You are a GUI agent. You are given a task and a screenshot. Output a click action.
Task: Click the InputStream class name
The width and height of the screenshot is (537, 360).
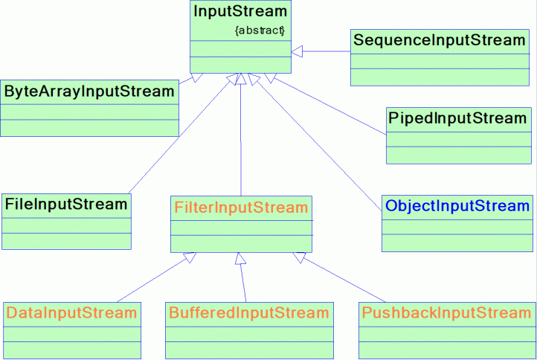(239, 12)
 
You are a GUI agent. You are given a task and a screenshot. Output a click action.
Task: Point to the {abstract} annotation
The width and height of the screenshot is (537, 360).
(260, 31)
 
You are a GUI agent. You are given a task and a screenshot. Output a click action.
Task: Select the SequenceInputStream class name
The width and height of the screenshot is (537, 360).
(439, 40)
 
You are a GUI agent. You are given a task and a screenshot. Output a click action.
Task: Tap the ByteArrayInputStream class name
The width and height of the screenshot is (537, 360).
(89, 91)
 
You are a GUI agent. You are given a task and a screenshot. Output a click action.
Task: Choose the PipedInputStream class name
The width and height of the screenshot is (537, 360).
(457, 118)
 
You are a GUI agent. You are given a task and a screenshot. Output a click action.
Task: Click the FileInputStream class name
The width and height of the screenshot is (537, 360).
(66, 204)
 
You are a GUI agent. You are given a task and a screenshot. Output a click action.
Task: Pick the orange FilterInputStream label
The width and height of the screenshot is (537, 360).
(240, 207)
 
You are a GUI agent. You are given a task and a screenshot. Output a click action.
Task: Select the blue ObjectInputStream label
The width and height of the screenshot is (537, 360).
(457, 205)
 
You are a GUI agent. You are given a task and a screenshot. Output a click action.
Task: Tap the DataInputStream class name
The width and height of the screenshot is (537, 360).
(71, 312)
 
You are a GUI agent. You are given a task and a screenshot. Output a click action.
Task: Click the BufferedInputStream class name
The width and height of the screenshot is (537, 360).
(247, 312)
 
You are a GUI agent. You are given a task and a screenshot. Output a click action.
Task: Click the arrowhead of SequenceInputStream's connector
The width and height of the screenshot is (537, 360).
(297, 51)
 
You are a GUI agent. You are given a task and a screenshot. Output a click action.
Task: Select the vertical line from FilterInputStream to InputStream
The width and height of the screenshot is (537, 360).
(241, 134)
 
